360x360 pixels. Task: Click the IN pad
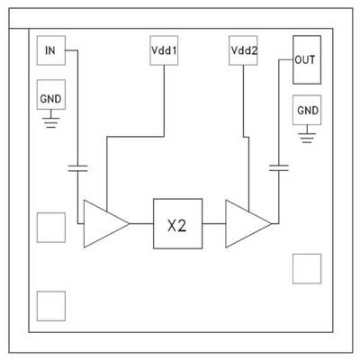pos(50,50)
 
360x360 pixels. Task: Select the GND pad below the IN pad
pos(50,95)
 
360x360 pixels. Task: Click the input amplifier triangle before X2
pos(103,222)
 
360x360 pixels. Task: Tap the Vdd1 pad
pos(163,52)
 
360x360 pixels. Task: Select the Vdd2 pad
pos(244,52)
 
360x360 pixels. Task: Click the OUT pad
pos(307,61)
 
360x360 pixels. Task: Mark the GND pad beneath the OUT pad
pos(307,110)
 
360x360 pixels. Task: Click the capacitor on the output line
pos(279,167)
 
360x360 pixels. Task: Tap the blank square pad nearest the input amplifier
pos(51,226)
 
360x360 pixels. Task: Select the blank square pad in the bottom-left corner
pos(51,306)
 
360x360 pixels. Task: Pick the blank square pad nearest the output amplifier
pos(306,267)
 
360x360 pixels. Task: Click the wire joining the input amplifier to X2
pos(141,222)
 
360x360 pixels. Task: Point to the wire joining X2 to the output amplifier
pos(212,222)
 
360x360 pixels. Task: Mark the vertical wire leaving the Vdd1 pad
pos(163,99)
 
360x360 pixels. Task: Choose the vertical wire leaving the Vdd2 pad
pos(244,99)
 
